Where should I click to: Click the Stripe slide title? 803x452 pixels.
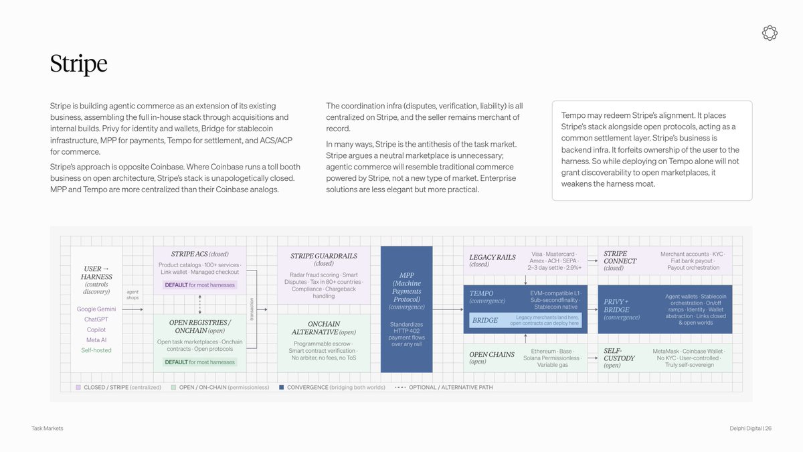pos(78,64)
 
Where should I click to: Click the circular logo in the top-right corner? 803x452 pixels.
pos(770,33)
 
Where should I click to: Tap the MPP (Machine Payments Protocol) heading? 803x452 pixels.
pos(407,287)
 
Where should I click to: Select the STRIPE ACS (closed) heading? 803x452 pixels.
pos(199,254)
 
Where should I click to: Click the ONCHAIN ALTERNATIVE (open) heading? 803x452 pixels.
pos(324,328)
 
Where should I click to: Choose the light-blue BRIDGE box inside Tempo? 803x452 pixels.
pos(525,320)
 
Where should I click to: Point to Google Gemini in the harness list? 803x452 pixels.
pos(96,309)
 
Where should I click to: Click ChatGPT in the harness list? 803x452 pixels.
pos(96,319)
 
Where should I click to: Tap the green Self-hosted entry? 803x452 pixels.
pos(96,350)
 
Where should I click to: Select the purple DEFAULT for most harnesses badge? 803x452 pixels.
pos(199,285)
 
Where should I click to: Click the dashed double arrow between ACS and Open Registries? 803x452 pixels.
pos(199,304)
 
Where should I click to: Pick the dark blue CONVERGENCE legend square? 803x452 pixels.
pos(282,388)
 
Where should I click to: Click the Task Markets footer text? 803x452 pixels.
pos(47,429)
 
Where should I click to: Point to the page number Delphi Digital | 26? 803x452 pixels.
pos(750,429)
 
